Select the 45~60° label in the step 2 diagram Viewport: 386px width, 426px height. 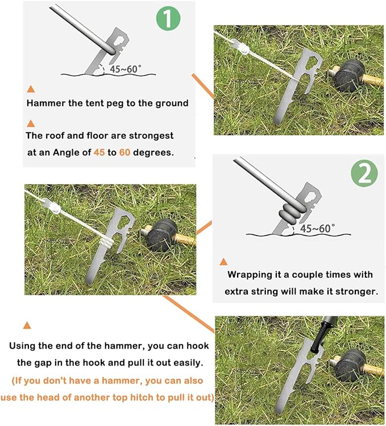(317, 228)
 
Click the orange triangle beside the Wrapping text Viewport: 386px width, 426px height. (223, 261)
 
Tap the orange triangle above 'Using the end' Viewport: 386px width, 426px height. (26, 326)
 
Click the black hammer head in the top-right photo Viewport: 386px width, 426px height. (347, 78)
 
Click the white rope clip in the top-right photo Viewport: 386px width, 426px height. (243, 50)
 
